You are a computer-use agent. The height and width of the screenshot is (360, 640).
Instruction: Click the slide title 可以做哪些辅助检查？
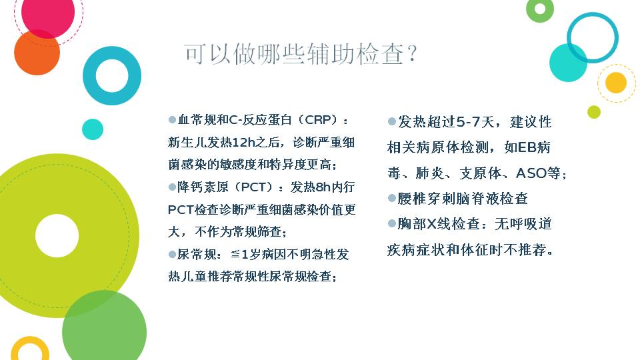pyautogui.click(x=301, y=54)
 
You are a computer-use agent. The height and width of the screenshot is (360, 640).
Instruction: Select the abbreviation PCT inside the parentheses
pyautogui.click(x=257, y=187)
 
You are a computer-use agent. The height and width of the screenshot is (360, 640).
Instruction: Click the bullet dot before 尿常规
pyautogui.click(x=172, y=255)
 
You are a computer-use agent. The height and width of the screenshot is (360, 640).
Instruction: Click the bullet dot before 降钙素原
pyautogui.click(x=172, y=187)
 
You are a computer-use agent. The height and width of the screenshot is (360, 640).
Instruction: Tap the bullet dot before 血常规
pyautogui.click(x=172, y=120)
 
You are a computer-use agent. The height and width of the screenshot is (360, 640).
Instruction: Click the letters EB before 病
pyautogui.click(x=527, y=147)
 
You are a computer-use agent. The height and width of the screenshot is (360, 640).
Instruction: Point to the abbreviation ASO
pyautogui.click(x=532, y=173)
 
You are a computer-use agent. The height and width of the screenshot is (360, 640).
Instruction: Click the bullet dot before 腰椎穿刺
pyautogui.click(x=392, y=199)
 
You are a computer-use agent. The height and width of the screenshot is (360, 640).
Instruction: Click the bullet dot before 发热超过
pyautogui.click(x=392, y=121)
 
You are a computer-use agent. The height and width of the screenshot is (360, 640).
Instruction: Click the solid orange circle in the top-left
pyautogui.click(x=37, y=52)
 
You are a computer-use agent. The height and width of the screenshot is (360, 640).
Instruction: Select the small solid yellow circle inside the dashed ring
pyautogui.click(x=616, y=83)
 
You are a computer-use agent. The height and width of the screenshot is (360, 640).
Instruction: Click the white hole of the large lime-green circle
pyautogui.click(x=57, y=235)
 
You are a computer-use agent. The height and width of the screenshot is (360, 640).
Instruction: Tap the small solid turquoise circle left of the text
pyautogui.click(x=93, y=129)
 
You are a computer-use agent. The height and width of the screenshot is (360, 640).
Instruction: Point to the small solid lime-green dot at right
pyautogui.click(x=594, y=112)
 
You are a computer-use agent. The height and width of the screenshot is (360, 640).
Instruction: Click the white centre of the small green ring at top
pyautogui.click(x=539, y=9)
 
